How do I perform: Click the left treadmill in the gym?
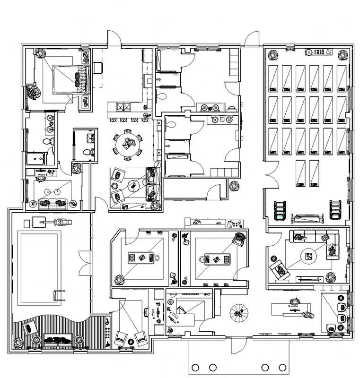point(280,210)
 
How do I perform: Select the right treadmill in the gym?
point(335,210)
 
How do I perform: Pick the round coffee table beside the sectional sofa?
point(308,256)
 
